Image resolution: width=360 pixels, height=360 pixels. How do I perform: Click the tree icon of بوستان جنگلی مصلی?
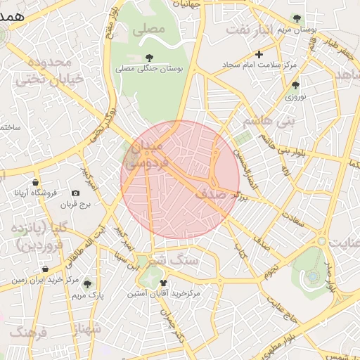[148, 58]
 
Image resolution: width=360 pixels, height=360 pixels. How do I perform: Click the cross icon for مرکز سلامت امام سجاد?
[259, 54]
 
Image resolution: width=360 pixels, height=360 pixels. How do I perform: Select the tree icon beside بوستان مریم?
[297, 19]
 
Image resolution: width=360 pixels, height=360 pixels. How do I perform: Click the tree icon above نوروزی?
[295, 85]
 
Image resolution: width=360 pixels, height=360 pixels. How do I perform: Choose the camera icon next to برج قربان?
[75, 193]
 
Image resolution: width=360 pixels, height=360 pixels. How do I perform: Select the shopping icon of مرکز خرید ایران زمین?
[45, 269]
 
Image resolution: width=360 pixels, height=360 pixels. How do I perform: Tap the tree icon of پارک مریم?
[87, 285]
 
